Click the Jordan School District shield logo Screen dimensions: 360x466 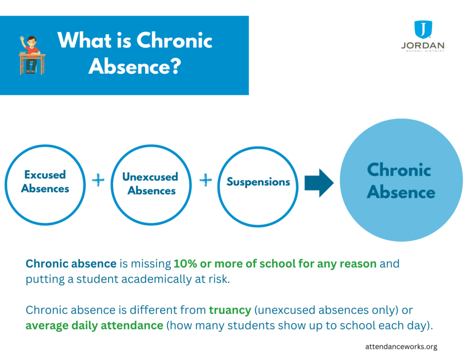pos(422,30)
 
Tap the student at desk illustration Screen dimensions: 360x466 pos(32,54)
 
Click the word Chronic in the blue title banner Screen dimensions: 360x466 pos(174,40)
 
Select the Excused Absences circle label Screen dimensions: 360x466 pos(45,181)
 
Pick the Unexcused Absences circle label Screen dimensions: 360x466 pos(150,183)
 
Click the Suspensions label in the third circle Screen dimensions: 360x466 pos(258,182)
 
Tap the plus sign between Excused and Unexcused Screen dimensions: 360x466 pos(99,180)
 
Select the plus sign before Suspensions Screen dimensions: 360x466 pos(206,180)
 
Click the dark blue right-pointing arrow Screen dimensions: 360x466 pos(318,183)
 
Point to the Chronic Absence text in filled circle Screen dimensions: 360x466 pos(400,181)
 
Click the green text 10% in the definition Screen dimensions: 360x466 pos(183,264)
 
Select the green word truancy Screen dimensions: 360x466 pos(230,310)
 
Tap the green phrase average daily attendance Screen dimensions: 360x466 pos(94,326)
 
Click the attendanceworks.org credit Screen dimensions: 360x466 pos(401,346)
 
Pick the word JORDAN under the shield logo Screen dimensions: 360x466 pos(422,46)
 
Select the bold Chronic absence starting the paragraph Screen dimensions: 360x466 pos(71,264)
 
